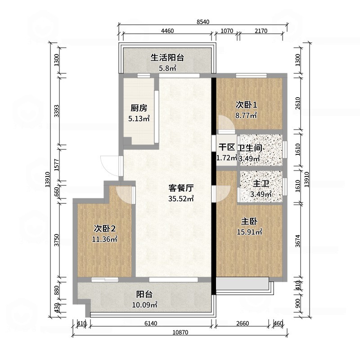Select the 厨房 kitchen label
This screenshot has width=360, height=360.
[139, 108]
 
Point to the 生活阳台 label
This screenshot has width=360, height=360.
[167, 58]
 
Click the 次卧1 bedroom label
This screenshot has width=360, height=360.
[246, 105]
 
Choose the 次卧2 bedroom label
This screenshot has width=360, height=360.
[104, 229]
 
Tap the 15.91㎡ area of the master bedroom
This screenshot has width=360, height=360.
[249, 232]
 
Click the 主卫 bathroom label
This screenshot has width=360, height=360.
[261, 184]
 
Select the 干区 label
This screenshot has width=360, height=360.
[227, 148]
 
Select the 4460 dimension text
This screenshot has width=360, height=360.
[167, 31]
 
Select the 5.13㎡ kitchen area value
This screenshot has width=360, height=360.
[139, 119]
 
